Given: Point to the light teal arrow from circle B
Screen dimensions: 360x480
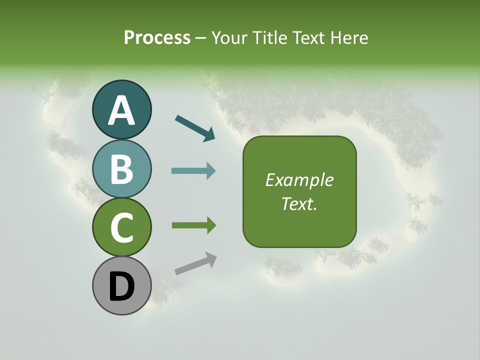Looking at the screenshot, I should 193,171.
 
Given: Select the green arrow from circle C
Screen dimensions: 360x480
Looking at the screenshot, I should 193,225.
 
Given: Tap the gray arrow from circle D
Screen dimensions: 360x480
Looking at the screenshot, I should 195,263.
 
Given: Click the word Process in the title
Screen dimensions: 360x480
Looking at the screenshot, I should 157,37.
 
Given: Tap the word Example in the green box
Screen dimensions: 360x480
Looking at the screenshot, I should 299,180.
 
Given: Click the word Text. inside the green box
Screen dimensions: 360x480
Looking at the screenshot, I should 299,203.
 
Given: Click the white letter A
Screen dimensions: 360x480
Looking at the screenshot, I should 121,111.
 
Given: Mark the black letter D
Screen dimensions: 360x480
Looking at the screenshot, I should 121,287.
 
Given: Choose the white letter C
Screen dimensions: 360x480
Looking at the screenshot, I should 121,227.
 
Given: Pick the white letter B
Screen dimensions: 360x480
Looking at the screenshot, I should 121,169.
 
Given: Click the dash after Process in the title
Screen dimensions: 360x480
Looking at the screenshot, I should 201,38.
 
